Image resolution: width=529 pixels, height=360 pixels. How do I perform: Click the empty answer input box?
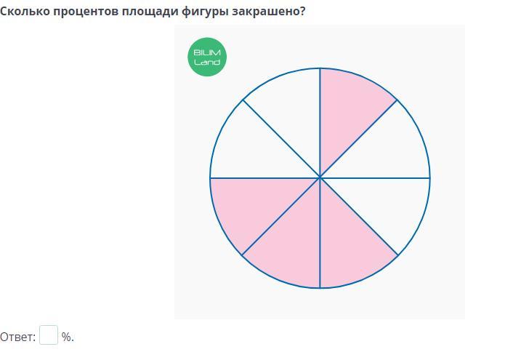point(49,335)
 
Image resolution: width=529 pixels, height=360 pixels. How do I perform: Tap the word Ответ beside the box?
point(17,337)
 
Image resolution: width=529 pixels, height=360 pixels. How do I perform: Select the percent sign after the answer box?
point(67,337)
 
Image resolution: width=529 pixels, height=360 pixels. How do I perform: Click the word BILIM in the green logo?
point(207,52)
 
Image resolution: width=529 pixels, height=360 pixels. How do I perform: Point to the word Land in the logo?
point(207,62)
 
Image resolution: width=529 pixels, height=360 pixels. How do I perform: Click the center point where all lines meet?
point(320,177)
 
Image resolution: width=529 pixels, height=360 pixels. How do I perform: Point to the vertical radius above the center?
point(320,123)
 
